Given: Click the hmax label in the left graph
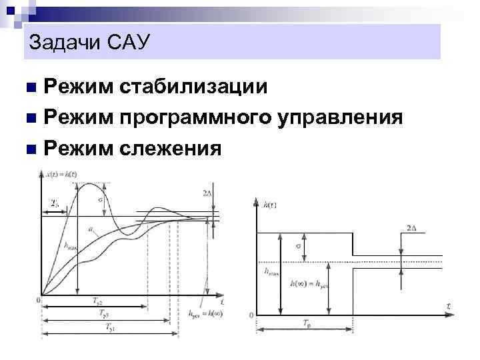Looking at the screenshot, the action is coord(70,245).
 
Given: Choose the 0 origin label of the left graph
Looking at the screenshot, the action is coord(38,301).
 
